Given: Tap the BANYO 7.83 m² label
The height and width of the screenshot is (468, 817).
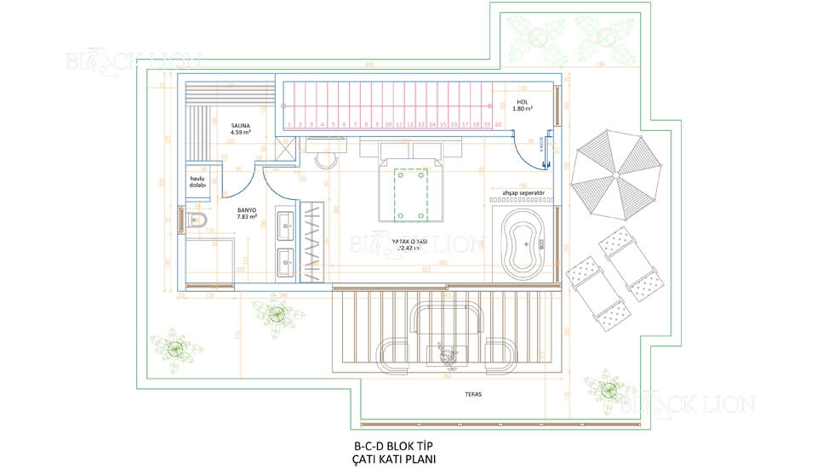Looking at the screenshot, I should click(x=247, y=213).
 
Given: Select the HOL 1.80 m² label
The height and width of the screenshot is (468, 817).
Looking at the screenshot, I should click(x=523, y=106).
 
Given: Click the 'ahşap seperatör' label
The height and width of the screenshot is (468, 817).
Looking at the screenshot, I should click(x=522, y=191).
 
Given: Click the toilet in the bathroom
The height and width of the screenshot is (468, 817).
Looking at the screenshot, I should click(x=198, y=223).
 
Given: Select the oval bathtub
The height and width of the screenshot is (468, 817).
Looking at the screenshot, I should click(x=523, y=243).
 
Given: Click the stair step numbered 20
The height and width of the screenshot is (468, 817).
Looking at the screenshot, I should click(x=497, y=124).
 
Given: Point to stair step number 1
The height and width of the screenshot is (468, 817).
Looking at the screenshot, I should click(x=289, y=124).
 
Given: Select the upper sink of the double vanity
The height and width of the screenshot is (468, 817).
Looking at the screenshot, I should click(x=285, y=225).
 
